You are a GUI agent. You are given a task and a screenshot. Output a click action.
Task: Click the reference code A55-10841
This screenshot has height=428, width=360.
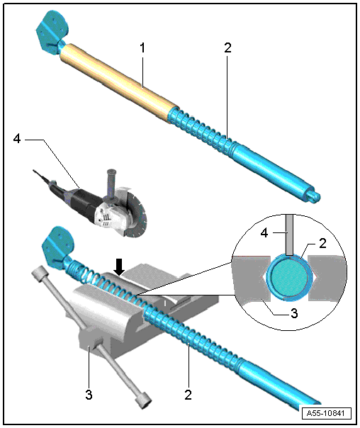coord(325,413)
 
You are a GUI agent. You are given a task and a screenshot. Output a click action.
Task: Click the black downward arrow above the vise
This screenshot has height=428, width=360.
coord(119,267)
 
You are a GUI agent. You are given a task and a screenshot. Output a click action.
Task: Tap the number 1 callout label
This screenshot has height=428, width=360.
coord(142,48)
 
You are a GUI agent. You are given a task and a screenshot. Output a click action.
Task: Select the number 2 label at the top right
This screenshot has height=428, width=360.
coord(227,47)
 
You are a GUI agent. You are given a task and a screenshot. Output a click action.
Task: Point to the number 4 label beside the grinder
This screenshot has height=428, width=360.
coord(17,139)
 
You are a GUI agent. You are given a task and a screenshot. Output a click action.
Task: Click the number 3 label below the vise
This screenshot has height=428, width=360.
coord(89,395)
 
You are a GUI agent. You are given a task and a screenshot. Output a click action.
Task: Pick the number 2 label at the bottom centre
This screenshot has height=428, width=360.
coord(188,395)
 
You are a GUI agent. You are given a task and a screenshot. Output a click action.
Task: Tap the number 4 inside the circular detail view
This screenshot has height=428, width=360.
coord(264,233)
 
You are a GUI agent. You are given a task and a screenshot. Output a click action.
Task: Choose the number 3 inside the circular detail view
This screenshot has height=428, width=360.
coord(294,313)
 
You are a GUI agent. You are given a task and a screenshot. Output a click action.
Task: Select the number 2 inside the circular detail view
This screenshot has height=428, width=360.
coord(322,243)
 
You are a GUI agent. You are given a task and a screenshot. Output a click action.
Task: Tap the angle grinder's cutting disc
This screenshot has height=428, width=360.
coord(138,214)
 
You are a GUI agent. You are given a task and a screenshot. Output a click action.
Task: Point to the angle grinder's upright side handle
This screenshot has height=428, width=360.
coord(111,186)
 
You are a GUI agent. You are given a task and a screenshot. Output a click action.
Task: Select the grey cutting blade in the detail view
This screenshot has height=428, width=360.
coord(289,235)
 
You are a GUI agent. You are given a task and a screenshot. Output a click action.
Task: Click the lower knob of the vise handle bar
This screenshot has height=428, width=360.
coord(142,400)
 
